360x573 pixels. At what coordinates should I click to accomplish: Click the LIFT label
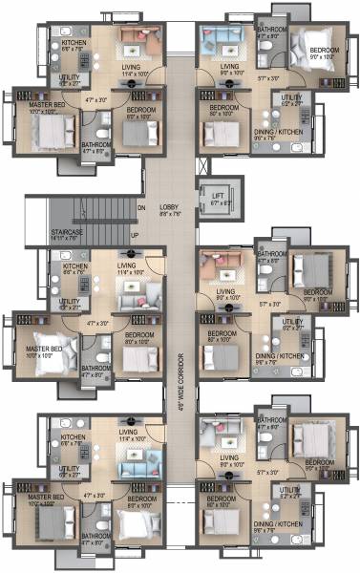(x=218, y=194)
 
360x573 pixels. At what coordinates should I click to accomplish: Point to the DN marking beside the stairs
(x=140, y=207)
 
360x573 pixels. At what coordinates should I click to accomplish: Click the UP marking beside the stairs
(x=135, y=234)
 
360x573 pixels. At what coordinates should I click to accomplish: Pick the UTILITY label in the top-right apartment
(x=291, y=97)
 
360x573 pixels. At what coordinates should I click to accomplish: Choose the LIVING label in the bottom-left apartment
(x=127, y=433)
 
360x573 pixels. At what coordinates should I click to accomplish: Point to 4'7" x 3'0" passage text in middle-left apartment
(x=95, y=324)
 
